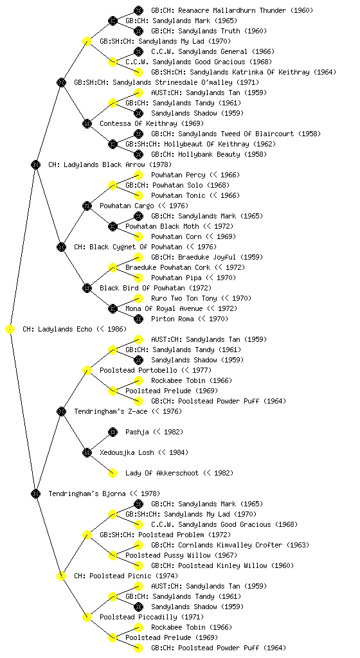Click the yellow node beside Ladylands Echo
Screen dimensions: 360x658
pyautogui.click(x=10, y=330)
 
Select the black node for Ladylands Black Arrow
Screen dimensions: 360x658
pyautogui.click(x=35, y=165)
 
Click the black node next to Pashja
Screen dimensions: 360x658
pyautogui.click(x=113, y=432)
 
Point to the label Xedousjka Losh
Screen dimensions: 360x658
pyautogui.click(x=127, y=452)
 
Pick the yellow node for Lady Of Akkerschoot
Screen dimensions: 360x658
pyautogui.click(x=113, y=473)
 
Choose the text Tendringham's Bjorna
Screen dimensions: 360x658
pyautogui.click(x=87, y=493)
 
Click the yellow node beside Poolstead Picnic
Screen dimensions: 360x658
pyautogui.click(x=61, y=576)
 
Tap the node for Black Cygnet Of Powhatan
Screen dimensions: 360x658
pyautogui.click(x=61, y=247)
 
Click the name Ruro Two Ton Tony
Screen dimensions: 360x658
pyautogui.click(x=184, y=298)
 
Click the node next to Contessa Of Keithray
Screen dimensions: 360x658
pyautogui.click(x=87, y=124)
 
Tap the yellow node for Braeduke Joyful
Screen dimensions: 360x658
pyautogui.click(x=138, y=257)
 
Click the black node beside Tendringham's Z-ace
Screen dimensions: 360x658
pyautogui.click(x=61, y=411)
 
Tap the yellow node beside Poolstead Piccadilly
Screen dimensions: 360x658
pyautogui.click(x=87, y=617)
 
